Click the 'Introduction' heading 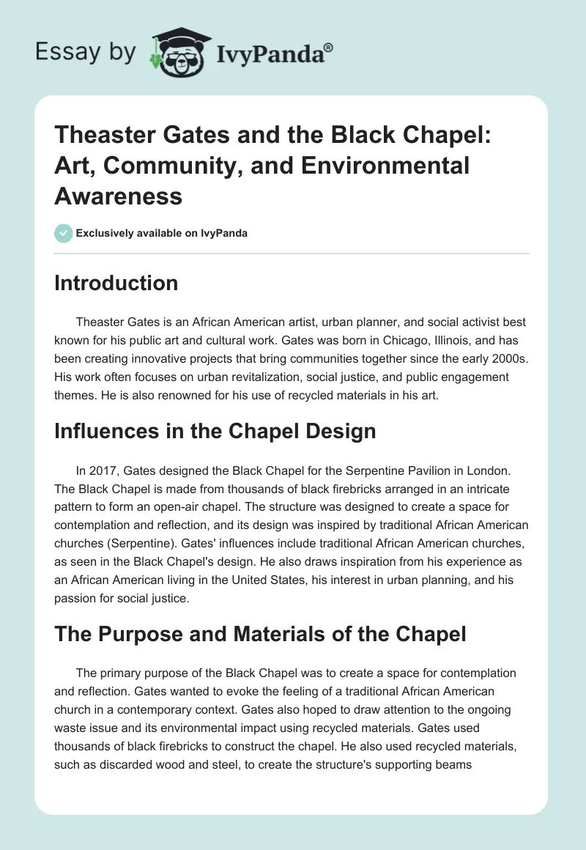coord(116,283)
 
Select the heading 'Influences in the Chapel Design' coord(215,431)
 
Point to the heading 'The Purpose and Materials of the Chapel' coord(260,634)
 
